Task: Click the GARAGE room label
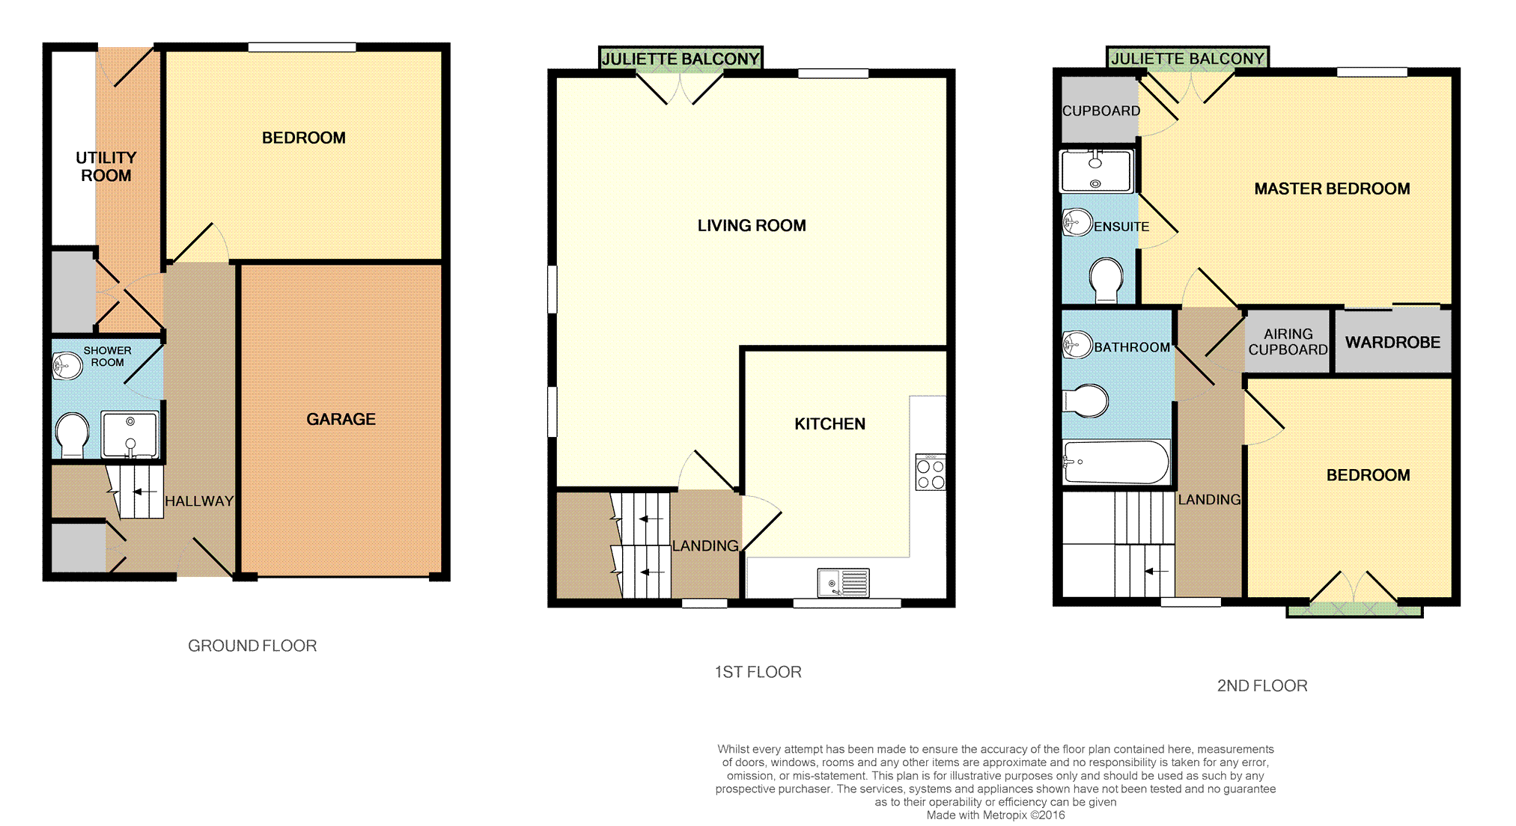pos(341,419)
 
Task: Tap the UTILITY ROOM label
pos(106,167)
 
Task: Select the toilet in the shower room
pos(73,435)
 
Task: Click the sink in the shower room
pos(67,366)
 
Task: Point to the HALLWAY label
pos(199,501)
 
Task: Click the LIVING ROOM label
pos(752,225)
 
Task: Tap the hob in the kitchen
pos(931,472)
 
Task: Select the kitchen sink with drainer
pos(843,583)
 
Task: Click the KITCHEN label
pos(829,424)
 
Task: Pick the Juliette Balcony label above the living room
pos(681,58)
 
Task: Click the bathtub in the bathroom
pos(1115,462)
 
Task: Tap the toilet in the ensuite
pos(1106,280)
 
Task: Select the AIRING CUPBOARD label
pos(1288,342)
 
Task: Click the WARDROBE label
pos(1392,343)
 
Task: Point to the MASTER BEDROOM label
pos(1332,189)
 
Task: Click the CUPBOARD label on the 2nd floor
pos(1101,111)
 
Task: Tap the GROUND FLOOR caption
pos(252,646)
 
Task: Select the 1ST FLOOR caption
pos(758,672)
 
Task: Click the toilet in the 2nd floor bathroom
pos(1086,401)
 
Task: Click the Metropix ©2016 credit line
pos(996,815)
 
